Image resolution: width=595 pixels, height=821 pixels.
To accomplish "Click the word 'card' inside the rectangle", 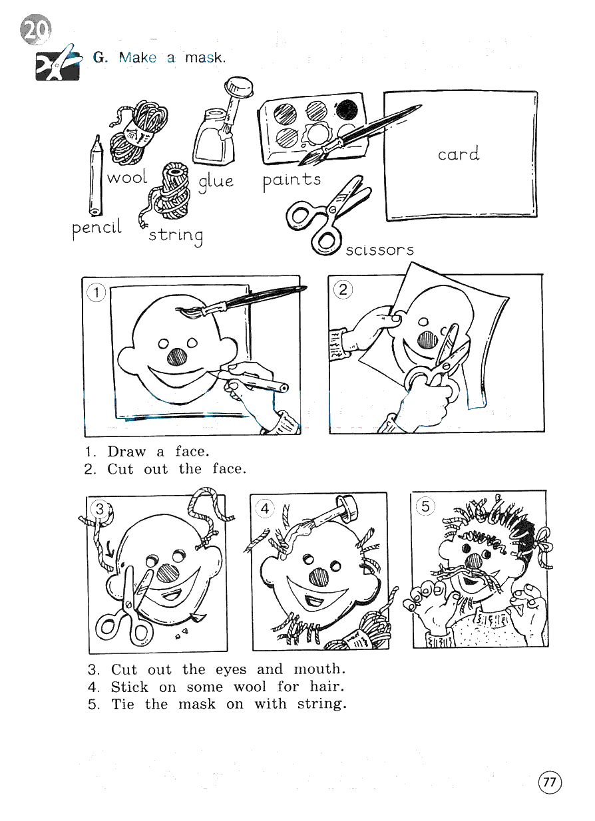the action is coord(459,154).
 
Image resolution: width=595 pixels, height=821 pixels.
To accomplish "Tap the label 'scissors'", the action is coord(379,250).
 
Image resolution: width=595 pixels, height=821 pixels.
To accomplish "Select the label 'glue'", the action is coord(216,182).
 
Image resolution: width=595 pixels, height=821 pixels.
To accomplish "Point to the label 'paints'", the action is coord(292,180).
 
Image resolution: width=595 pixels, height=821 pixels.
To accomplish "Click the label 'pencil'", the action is coord(97,228).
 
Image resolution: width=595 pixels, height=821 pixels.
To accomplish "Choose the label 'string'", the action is coord(176,236).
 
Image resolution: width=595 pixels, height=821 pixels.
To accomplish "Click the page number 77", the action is coord(550,782).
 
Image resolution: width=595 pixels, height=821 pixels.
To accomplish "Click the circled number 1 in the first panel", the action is coord(97,292).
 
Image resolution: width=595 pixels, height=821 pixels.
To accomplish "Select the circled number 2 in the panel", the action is coord(343,289).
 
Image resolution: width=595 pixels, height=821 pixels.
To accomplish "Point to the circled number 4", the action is coord(265,508).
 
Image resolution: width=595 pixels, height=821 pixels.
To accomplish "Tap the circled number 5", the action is coord(425,506).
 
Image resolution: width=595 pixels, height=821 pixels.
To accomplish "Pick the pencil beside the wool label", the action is coord(96,176).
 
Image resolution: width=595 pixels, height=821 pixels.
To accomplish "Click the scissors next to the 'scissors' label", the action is coord(329,214).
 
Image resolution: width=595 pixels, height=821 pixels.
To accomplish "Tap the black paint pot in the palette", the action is coord(347,110).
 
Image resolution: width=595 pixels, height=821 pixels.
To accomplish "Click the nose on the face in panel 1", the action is coord(177,357).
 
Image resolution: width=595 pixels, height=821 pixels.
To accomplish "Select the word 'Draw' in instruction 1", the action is coord(126,452).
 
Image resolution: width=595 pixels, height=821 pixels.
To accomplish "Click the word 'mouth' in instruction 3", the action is coord(319,669).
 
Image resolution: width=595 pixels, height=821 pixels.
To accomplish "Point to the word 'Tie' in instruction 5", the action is coord(122,704).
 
